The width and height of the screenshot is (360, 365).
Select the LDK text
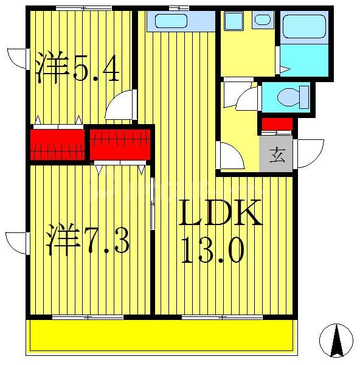pos(220,213)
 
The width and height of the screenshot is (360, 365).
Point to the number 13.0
pos(212,249)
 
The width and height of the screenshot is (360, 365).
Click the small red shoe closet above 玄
pos(277,125)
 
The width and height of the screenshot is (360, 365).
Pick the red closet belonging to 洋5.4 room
pos(57,144)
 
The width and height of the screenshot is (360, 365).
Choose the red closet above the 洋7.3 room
pos(120,144)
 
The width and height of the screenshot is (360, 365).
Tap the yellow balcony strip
pos(161,336)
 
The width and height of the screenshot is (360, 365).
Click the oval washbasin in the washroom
pos(263,19)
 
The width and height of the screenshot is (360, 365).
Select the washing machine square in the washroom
pos(234,21)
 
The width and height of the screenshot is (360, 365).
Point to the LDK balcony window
pos(221,317)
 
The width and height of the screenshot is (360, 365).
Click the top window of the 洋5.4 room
pos(83,8)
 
